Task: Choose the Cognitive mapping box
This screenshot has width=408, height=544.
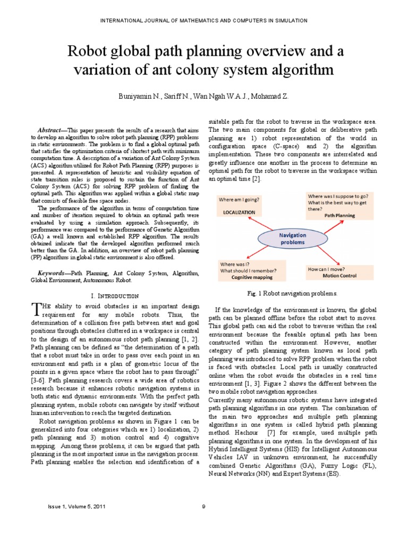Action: [251, 270]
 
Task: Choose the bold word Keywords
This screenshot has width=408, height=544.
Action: [53, 273]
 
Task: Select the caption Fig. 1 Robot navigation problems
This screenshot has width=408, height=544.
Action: [292, 293]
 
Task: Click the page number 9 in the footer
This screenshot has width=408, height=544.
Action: [203, 506]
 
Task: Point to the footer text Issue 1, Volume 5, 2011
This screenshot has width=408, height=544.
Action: [72, 506]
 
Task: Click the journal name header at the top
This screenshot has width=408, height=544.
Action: [203, 20]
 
